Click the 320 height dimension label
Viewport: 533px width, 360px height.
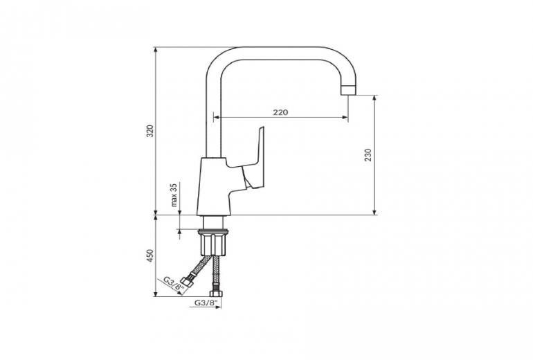point(150,132)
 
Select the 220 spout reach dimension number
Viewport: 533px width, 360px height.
point(280,112)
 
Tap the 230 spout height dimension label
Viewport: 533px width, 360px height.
point(368,155)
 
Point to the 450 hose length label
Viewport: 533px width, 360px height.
point(150,255)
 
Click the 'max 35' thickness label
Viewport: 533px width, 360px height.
point(174,195)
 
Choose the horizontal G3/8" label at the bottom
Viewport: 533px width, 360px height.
point(206,303)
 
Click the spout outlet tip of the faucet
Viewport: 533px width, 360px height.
point(348,90)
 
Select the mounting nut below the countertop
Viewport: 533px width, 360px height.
point(213,242)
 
